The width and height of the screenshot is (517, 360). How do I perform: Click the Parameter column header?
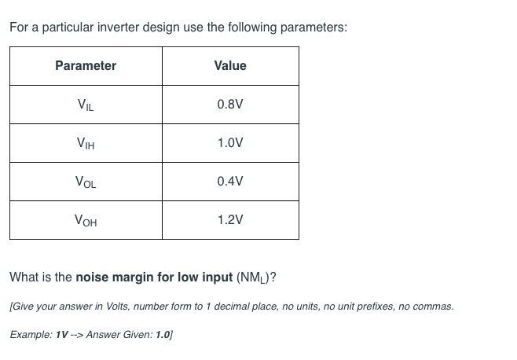click(x=86, y=66)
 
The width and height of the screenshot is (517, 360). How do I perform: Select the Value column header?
click(x=230, y=66)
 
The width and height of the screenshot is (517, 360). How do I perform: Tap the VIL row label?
click(x=86, y=105)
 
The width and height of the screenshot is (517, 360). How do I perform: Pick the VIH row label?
click(x=86, y=143)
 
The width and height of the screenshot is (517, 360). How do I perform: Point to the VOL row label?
click(x=86, y=182)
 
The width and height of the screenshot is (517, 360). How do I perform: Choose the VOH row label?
click(x=86, y=220)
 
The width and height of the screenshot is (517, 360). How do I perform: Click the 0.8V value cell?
click(x=230, y=105)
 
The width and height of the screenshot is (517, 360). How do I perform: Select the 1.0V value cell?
click(x=230, y=143)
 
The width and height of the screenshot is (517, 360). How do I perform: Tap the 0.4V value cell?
click(x=230, y=182)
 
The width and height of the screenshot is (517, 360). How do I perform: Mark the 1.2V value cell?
click(x=230, y=220)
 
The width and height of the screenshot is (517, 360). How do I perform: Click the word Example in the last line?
click(x=30, y=334)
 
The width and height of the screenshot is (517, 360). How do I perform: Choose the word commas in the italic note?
click(x=434, y=307)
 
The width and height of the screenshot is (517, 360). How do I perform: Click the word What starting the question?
click(x=23, y=277)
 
